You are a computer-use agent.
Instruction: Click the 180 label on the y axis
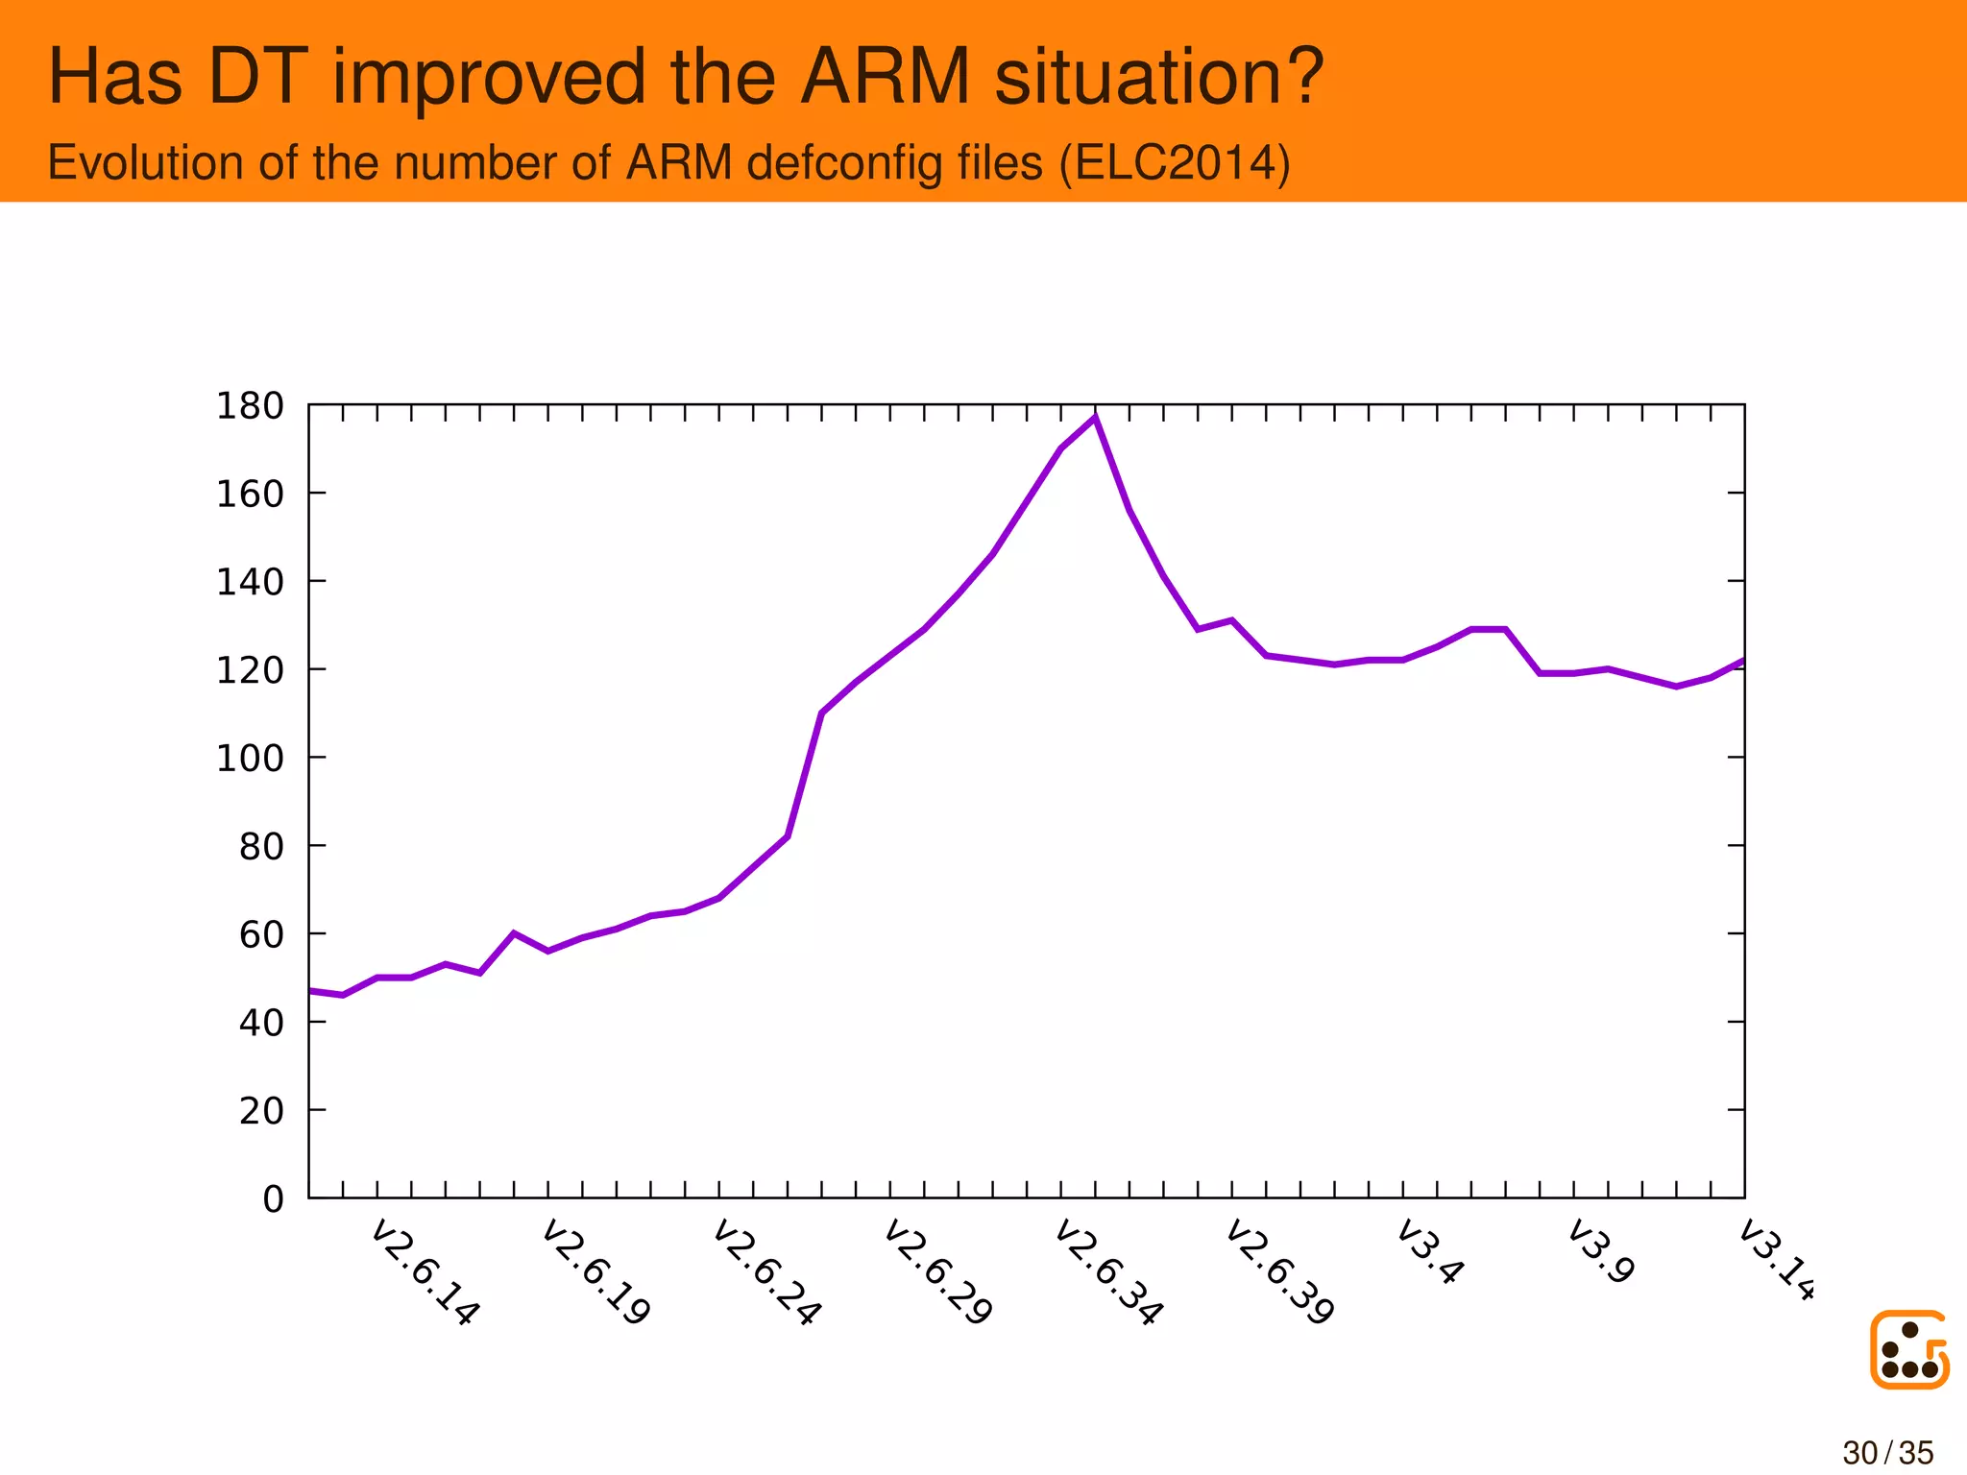point(250,406)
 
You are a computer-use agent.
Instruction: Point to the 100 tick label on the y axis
point(250,759)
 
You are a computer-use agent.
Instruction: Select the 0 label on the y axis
point(274,1199)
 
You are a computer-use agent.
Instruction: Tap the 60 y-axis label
point(261,934)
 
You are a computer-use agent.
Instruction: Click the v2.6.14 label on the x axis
point(425,1272)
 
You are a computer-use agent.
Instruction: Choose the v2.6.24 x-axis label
point(766,1272)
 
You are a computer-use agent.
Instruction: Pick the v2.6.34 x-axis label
point(1108,1272)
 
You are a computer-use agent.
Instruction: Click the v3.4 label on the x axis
point(1430,1252)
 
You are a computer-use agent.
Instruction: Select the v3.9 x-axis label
point(1601,1252)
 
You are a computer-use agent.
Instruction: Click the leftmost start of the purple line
point(310,990)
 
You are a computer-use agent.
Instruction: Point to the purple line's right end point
point(1742,661)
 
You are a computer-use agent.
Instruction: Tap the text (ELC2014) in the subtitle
point(1174,162)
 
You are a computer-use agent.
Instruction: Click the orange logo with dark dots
point(1909,1349)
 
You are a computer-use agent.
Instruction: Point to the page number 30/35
point(1887,1453)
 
